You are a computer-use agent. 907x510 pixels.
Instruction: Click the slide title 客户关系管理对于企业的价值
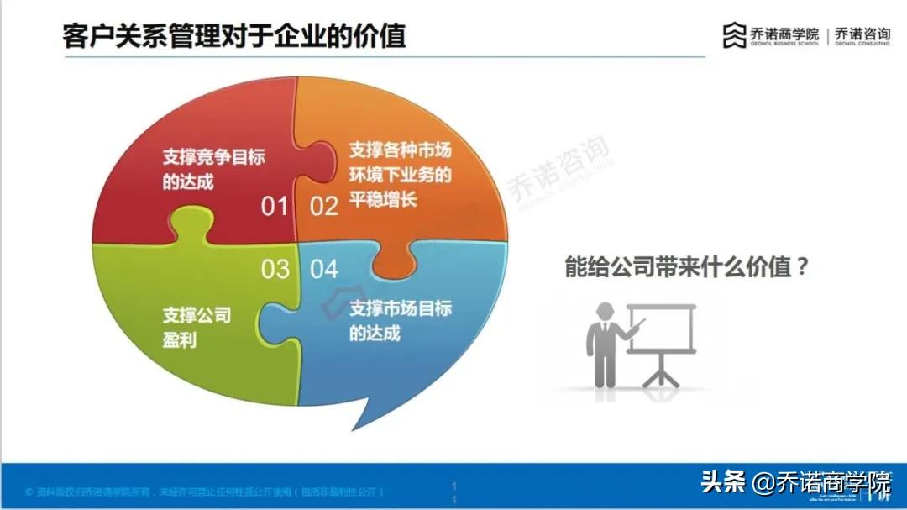coord(234,36)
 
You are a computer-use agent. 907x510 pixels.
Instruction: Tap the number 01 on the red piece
coord(274,206)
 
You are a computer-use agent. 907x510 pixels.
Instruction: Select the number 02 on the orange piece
coord(324,206)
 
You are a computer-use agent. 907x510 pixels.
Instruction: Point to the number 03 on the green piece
coord(275,269)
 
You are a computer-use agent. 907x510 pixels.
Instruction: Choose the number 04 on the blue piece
coord(324,269)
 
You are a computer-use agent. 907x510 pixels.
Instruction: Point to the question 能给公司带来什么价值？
coord(686,268)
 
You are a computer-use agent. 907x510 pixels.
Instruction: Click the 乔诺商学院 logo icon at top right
coord(734,35)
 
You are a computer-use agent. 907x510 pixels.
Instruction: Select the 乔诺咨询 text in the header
coord(862,34)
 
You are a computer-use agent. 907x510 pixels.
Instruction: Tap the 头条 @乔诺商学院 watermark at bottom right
coord(795,483)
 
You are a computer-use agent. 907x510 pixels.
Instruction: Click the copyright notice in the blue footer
coord(206,491)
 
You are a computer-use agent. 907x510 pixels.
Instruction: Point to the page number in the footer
coord(453,493)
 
